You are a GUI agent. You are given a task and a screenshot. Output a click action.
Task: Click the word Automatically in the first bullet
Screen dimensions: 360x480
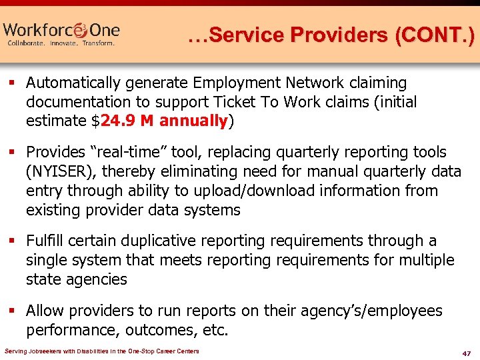(79, 83)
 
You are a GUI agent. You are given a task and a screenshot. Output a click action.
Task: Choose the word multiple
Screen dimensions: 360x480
(424, 260)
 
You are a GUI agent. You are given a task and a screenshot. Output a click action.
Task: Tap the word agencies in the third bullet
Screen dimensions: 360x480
(97, 279)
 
